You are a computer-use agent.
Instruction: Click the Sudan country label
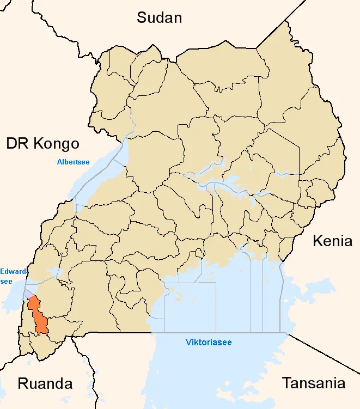pyautogui.click(x=159, y=17)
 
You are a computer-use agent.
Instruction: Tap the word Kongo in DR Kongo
pyautogui.click(x=57, y=144)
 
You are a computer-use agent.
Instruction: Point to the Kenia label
pyautogui.click(x=332, y=241)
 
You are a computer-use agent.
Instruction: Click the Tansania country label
pyautogui.click(x=313, y=383)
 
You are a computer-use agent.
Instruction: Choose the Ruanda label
pyautogui.click(x=45, y=383)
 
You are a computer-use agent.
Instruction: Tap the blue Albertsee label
pyautogui.click(x=74, y=162)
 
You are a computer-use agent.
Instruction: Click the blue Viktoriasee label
pyautogui.click(x=209, y=343)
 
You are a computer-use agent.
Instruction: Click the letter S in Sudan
pyautogui.click(x=141, y=17)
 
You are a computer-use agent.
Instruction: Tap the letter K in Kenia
pyautogui.click(x=317, y=241)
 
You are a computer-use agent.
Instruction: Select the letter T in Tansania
pyautogui.click(x=286, y=383)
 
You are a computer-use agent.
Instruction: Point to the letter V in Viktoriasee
pyautogui.click(x=188, y=343)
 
